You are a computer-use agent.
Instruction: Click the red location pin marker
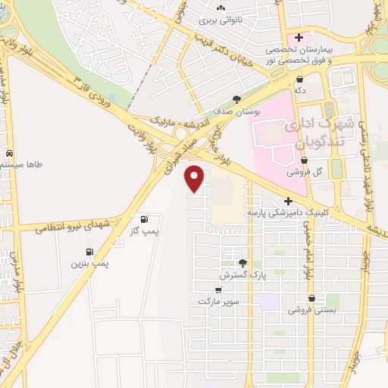pyautogui.click(x=195, y=178)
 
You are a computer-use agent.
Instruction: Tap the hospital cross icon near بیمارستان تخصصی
pyautogui.click(x=300, y=36)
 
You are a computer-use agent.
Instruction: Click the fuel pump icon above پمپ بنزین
pyautogui.click(x=90, y=251)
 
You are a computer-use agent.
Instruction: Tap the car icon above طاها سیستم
pyautogui.click(x=8, y=152)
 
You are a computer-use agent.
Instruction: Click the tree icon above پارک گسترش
pyautogui.click(x=242, y=263)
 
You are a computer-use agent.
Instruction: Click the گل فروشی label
pyautogui.click(x=305, y=172)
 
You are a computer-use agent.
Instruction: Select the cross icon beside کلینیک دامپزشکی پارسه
pyautogui.click(x=300, y=201)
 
